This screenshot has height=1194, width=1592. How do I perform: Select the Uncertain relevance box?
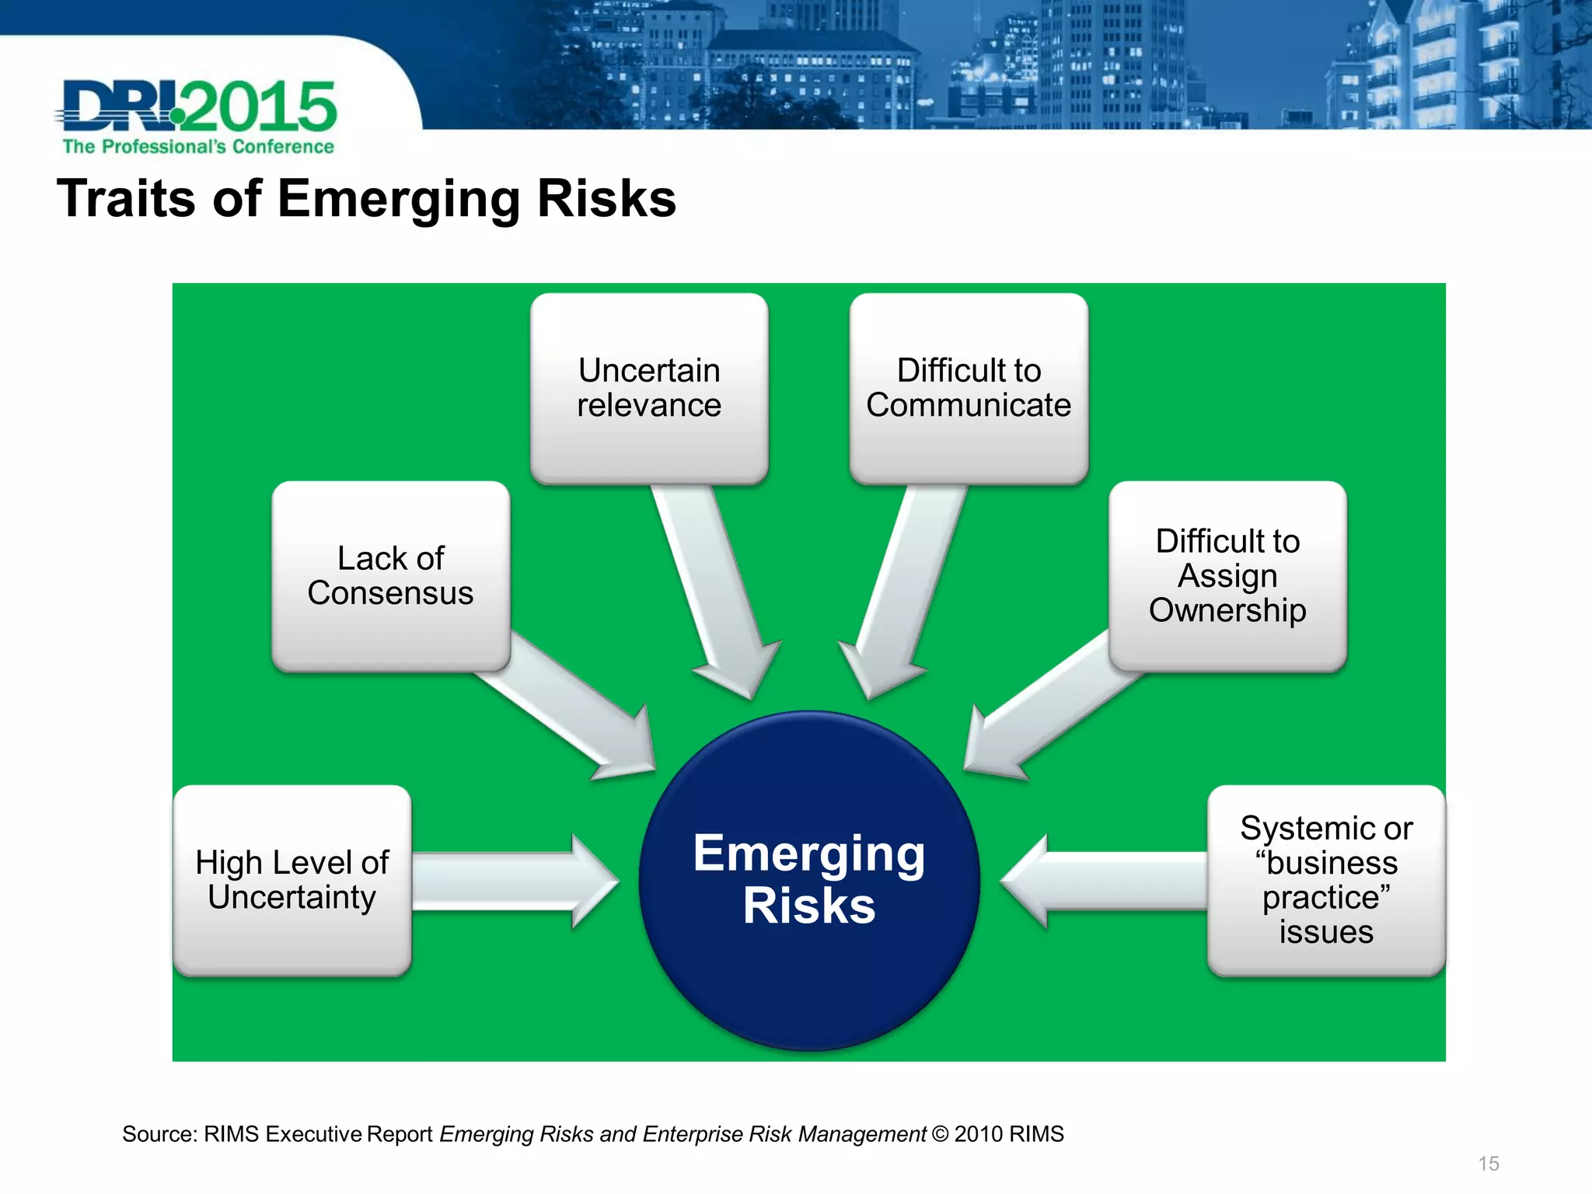point(649,388)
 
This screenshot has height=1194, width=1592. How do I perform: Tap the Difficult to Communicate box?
point(969,388)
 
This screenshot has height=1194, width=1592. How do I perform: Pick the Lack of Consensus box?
point(390,576)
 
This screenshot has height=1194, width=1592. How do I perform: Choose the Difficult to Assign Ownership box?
point(1227,576)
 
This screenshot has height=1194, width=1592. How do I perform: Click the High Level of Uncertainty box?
point(292,880)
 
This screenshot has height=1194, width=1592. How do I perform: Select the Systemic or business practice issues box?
point(1326,880)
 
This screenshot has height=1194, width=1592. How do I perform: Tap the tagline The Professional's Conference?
point(198,147)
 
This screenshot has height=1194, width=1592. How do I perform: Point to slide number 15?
point(1488,1164)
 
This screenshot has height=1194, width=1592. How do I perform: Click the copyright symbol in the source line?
point(940,1135)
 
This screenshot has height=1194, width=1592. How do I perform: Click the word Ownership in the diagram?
point(1227,611)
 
